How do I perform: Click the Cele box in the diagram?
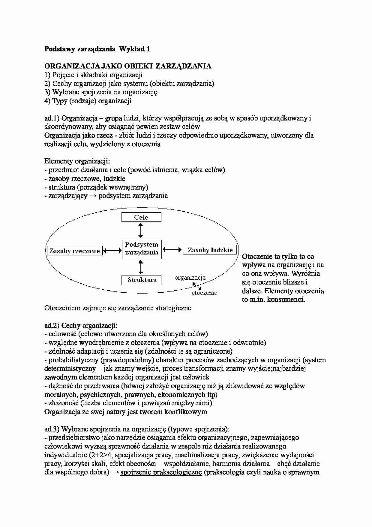coord(141,217)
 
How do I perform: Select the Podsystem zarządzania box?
coord(142,249)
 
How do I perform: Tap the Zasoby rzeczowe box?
coord(75,251)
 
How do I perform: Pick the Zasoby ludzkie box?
coord(210,250)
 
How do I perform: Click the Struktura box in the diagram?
coord(142,280)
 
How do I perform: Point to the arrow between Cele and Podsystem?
coord(140,231)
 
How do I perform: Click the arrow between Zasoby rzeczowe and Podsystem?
coord(112,250)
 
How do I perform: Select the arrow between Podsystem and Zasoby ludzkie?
coord(172,249)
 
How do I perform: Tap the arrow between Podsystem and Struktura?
coord(140,267)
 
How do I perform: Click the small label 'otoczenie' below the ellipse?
coord(204,293)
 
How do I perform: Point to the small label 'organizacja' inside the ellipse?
coord(190,278)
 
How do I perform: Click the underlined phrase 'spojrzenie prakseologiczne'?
coord(161,472)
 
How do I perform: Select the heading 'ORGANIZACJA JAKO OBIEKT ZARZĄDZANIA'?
coord(128,66)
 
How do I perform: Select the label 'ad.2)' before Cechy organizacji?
coord(52,325)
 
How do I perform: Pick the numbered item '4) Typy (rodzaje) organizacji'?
coord(88,101)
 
